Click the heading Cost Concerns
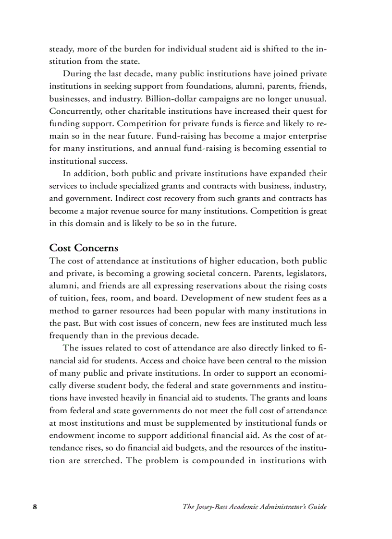(84, 248)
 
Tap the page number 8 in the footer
(35, 507)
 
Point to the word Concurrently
(74, 111)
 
